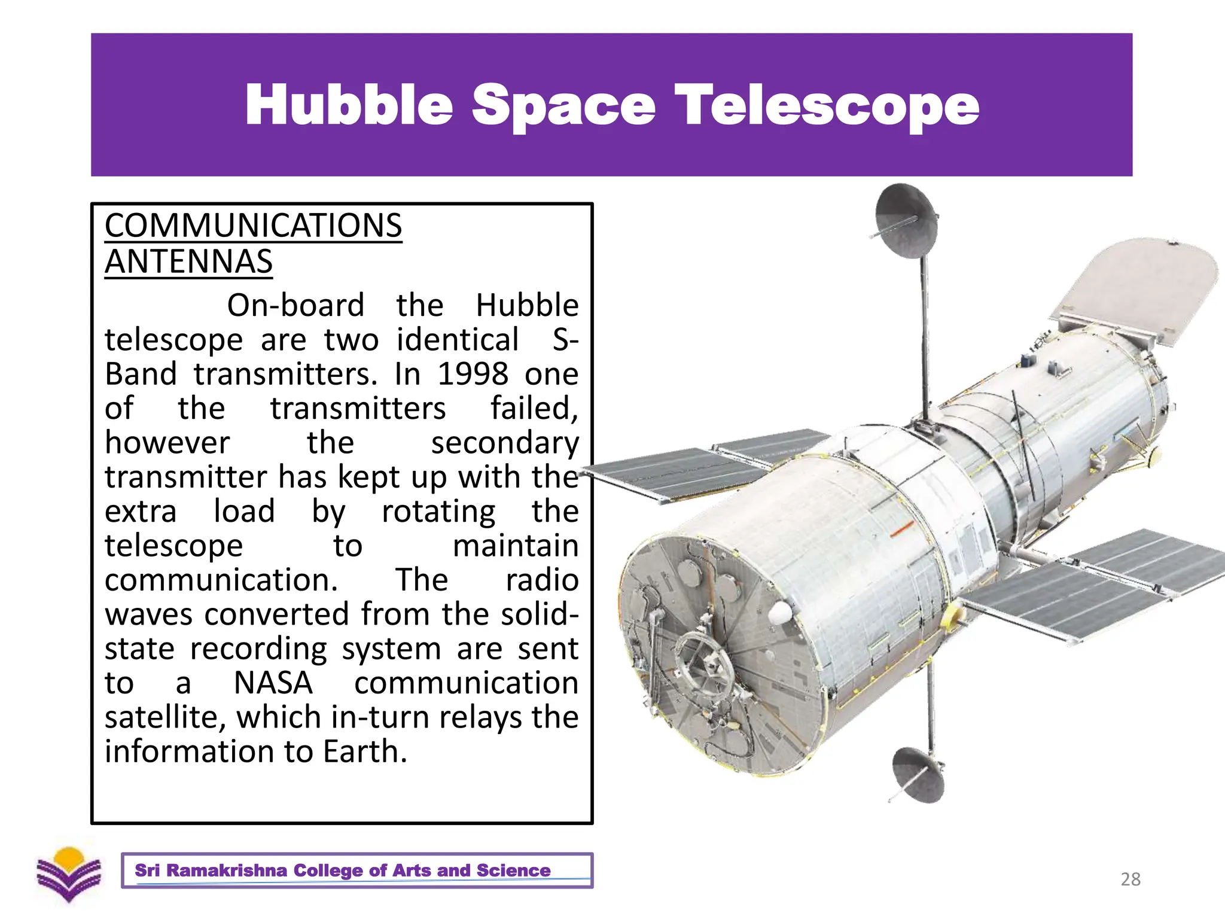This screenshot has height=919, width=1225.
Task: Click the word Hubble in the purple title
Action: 349,105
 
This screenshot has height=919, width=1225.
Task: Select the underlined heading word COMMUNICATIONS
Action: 253,226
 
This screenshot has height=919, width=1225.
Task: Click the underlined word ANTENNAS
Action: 188,262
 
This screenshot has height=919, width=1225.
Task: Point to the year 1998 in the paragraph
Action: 473,375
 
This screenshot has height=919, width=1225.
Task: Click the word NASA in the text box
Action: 273,683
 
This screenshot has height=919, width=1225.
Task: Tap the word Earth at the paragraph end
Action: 365,752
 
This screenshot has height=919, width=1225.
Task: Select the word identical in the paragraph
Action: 458,340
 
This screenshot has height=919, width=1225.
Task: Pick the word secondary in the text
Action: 505,443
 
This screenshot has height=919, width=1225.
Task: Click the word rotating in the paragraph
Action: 438,512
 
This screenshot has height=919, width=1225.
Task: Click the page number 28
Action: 1130,879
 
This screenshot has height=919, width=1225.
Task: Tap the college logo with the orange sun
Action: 69,874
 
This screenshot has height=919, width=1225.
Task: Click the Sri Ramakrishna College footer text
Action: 342,871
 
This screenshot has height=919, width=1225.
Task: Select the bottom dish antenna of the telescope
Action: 918,774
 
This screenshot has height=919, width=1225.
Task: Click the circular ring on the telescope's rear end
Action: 706,664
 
